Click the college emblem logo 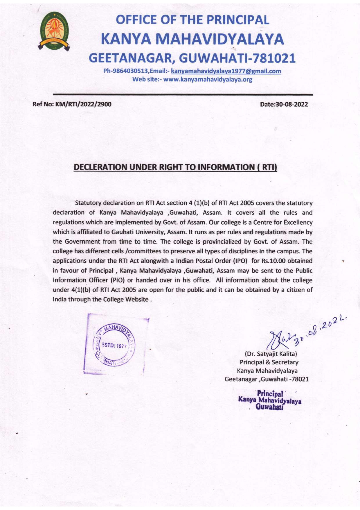click(54, 31)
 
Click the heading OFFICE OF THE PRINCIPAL click(192, 20)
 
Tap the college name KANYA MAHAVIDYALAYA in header click(192, 39)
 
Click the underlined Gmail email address click(226, 71)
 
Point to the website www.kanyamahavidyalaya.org click(208, 79)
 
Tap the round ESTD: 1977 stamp click(114, 346)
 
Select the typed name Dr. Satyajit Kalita click(271, 354)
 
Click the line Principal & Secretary click(269, 362)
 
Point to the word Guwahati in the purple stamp click(269, 407)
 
